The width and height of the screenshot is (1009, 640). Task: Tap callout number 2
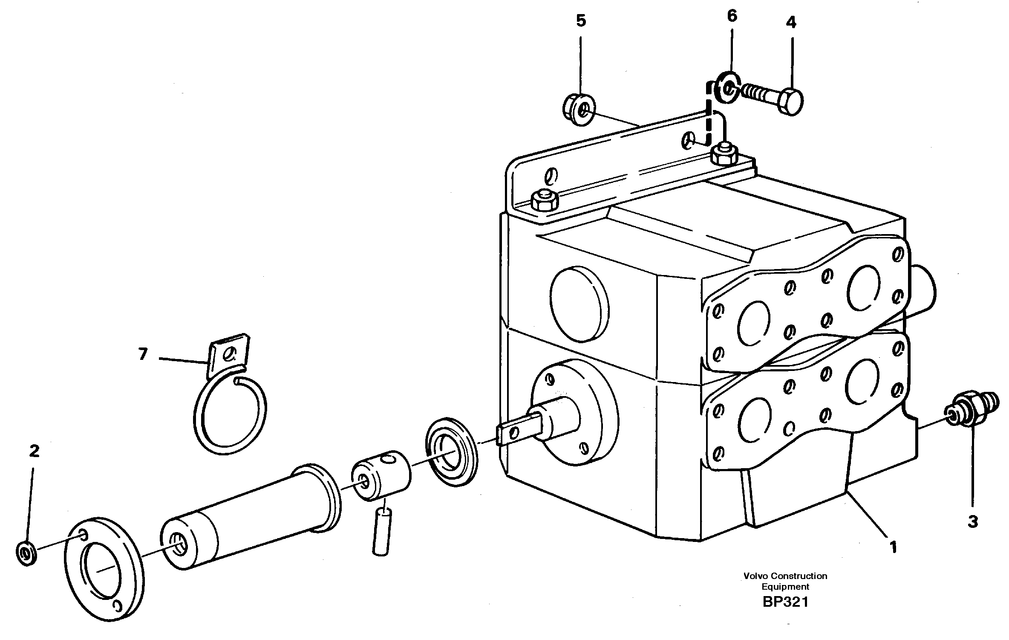(x=34, y=451)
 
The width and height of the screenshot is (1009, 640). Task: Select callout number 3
(x=973, y=521)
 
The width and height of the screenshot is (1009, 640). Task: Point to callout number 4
(x=791, y=22)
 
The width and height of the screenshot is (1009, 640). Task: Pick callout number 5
(x=581, y=20)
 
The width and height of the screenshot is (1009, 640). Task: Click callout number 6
(x=732, y=16)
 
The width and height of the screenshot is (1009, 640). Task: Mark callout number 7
(x=143, y=354)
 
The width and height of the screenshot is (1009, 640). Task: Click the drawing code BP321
(x=785, y=602)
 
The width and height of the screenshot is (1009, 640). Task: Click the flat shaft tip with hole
(x=511, y=434)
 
